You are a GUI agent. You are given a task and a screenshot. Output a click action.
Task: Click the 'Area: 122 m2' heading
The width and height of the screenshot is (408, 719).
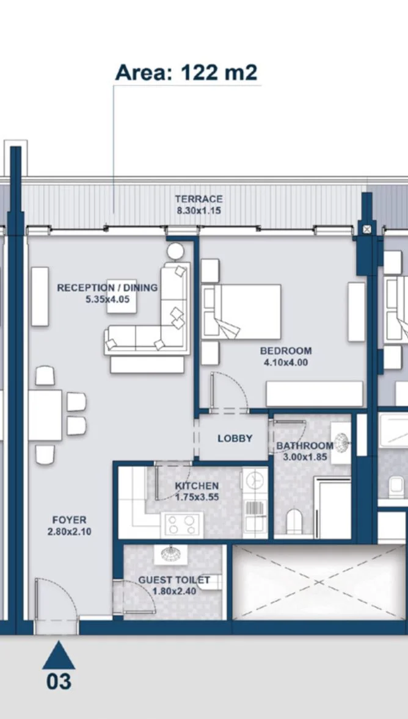[x=186, y=73]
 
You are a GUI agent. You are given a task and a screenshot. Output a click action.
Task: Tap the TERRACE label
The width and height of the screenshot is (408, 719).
[x=199, y=199]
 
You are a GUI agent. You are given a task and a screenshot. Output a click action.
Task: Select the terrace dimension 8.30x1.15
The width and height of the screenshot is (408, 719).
[x=199, y=211]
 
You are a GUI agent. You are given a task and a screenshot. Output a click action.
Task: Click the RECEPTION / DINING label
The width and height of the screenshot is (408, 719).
[x=107, y=288]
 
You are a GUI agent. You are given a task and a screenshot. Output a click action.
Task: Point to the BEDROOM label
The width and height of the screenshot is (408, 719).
[x=285, y=351]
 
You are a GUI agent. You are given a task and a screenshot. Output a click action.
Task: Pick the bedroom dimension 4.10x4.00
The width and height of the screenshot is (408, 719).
[x=285, y=363]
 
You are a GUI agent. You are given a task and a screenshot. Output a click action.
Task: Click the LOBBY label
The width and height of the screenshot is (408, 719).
[x=235, y=438]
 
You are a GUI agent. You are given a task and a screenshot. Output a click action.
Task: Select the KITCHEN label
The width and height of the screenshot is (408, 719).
[x=197, y=486]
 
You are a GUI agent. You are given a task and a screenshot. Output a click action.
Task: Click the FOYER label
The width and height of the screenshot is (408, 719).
[x=69, y=520]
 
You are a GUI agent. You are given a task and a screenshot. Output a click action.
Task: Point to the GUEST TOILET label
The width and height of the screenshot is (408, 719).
[x=174, y=580]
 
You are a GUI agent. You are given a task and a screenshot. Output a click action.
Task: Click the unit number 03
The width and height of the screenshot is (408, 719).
[x=59, y=681]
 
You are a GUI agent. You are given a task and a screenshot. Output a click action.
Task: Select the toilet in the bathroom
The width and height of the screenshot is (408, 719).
[x=294, y=521]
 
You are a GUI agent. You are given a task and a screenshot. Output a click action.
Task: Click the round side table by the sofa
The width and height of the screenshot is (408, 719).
[x=175, y=251]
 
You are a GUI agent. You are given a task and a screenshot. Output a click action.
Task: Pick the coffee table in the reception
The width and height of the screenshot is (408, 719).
[x=122, y=296]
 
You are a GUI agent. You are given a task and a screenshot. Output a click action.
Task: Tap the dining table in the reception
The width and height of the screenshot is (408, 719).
[x=45, y=415]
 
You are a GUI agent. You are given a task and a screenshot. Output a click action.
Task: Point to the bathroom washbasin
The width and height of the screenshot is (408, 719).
[x=341, y=443]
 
